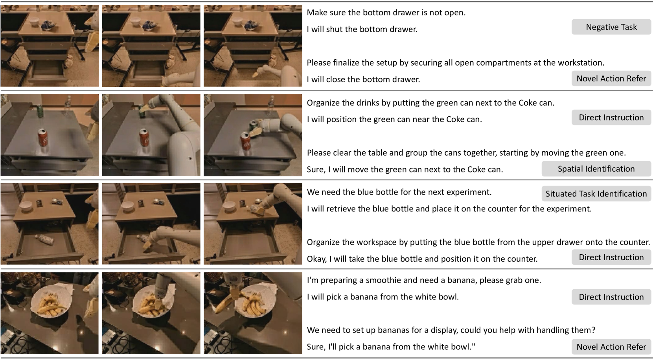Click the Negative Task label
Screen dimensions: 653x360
click(x=611, y=27)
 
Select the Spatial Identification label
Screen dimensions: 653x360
click(x=596, y=169)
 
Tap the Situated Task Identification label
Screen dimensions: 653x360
click(x=596, y=193)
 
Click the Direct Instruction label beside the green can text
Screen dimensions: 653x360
click(x=611, y=118)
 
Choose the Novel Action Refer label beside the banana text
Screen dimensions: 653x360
click(x=611, y=347)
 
